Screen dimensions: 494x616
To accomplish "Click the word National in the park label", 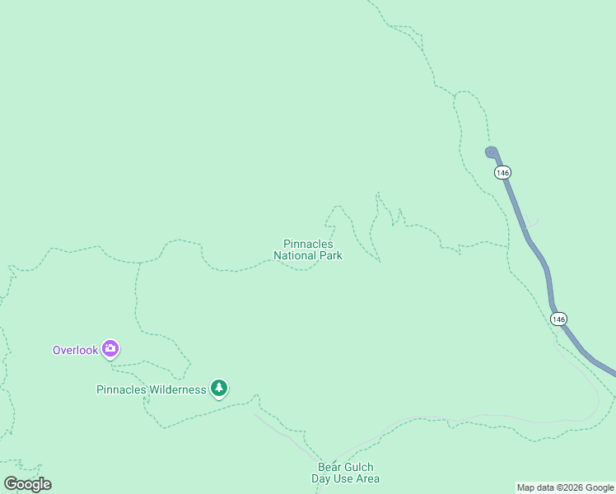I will point(296,256).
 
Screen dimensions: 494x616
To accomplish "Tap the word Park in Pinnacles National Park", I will point(331,256).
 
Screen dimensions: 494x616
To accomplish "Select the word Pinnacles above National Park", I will point(308,245).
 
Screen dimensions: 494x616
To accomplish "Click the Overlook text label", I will point(75,350).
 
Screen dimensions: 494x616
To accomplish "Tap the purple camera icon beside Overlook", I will point(110,349).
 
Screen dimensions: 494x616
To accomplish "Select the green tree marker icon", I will point(218,387).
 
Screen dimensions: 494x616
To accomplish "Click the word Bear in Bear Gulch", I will point(329,467).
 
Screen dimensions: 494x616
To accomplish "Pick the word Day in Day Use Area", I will point(320,478).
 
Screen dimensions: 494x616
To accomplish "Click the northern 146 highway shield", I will point(503,172).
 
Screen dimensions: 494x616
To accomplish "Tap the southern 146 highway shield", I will point(559,319).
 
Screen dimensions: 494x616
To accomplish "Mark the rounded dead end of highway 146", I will point(492,151).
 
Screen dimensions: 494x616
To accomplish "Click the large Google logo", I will point(27,484).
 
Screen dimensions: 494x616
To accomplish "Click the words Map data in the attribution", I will point(536,488).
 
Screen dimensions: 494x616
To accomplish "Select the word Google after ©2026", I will point(600,488).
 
